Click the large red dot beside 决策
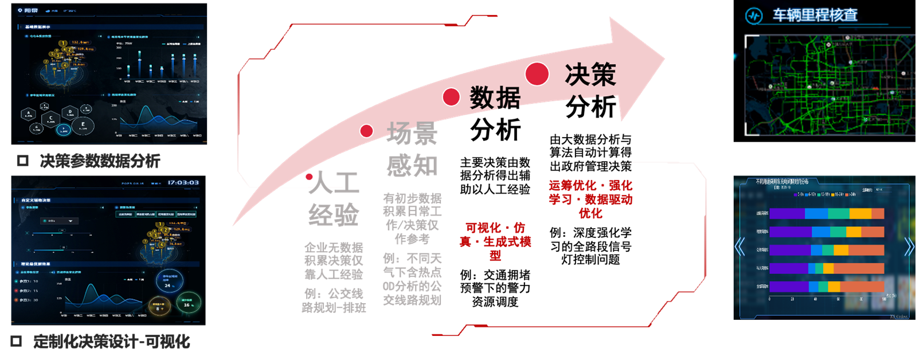537,74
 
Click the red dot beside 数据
451,97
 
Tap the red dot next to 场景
366,131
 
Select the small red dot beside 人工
310,177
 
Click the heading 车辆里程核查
815,15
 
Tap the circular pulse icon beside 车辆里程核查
753,15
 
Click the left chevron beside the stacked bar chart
739,247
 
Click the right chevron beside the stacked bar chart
909,247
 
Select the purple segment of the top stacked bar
786,214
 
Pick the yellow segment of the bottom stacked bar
834,286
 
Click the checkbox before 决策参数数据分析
22,161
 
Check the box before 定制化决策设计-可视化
16,342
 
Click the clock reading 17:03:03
183,183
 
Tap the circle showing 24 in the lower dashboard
169,281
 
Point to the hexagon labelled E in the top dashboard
83,126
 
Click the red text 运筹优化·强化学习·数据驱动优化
590,199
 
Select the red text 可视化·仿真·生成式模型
495,241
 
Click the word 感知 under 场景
412,166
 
